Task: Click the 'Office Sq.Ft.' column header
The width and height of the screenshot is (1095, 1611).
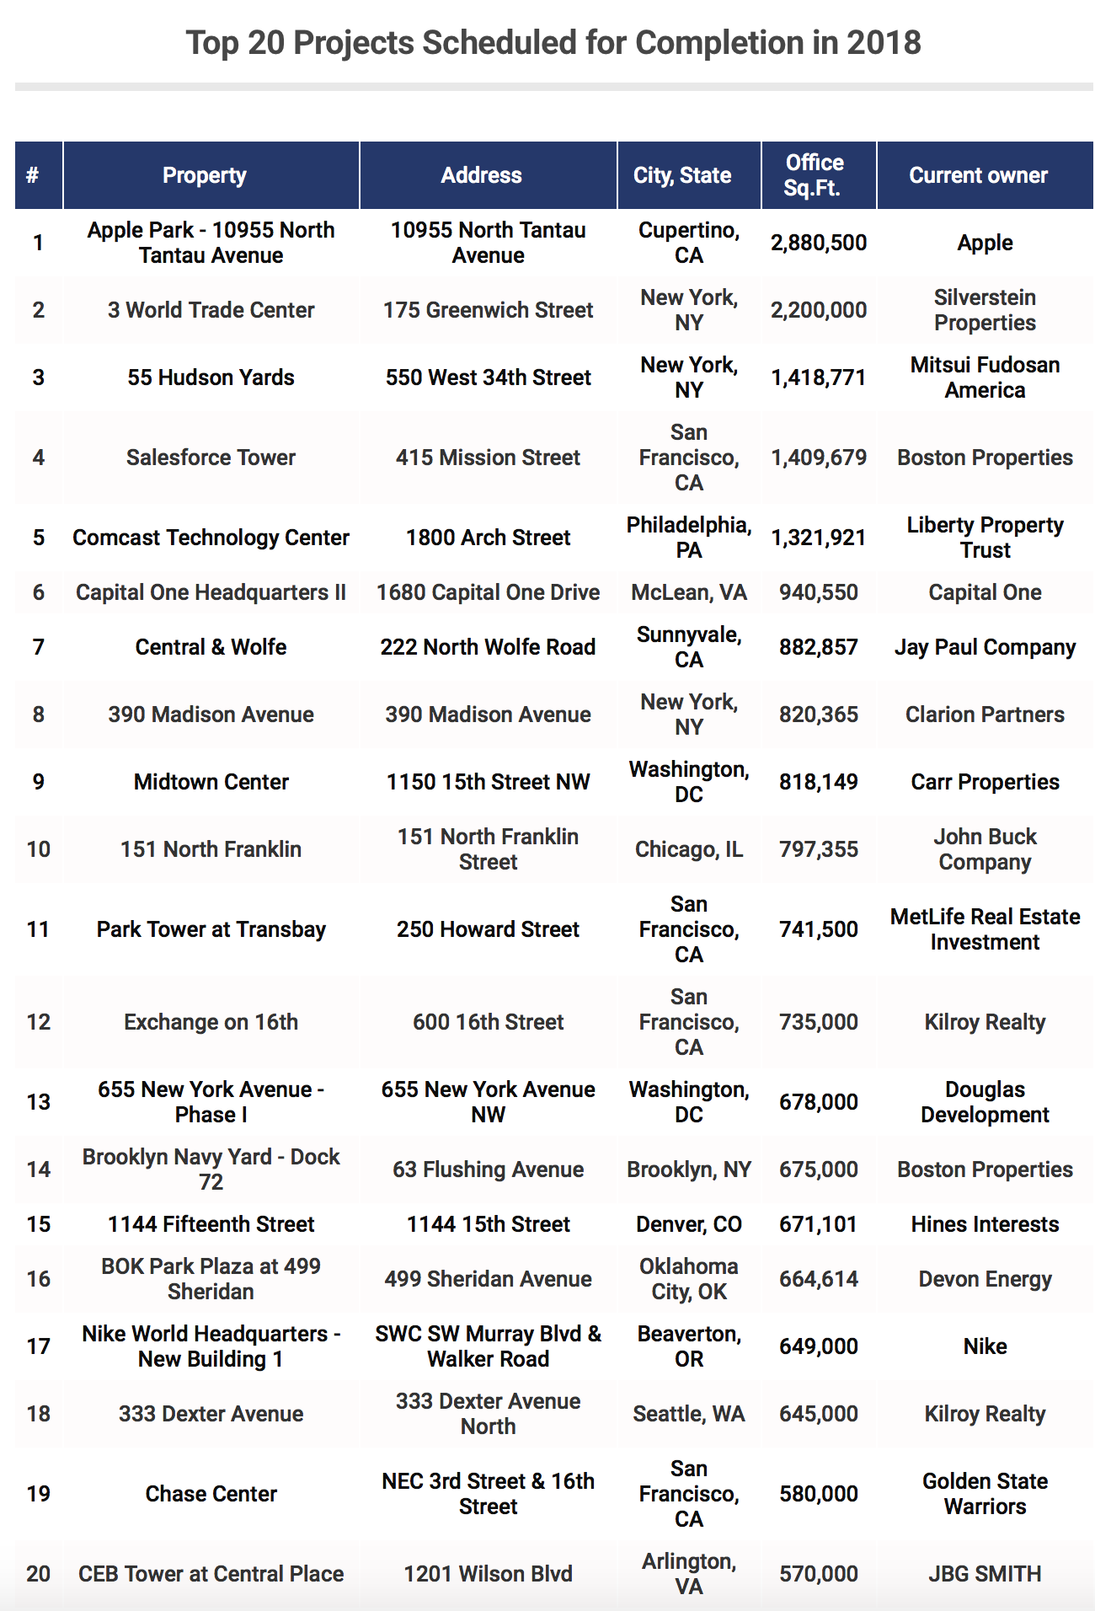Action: (x=815, y=175)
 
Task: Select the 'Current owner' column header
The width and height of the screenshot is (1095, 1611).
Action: (x=978, y=175)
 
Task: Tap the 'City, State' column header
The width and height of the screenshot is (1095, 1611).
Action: (x=682, y=175)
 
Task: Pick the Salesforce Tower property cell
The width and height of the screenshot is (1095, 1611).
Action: (x=211, y=458)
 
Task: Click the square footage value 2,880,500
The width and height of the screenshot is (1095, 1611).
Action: (x=818, y=243)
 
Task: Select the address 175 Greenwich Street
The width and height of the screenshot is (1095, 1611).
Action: (x=488, y=310)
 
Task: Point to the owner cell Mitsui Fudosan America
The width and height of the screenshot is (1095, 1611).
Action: (x=985, y=377)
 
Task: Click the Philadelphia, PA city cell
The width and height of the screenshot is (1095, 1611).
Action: (x=688, y=538)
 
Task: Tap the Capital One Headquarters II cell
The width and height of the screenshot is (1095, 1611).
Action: (x=211, y=592)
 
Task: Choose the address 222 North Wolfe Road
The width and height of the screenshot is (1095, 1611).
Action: (x=488, y=647)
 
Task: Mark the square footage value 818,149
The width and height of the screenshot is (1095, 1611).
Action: (x=818, y=782)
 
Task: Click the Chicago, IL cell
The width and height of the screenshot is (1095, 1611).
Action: (x=688, y=849)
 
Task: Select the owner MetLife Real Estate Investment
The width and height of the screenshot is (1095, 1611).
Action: (x=985, y=929)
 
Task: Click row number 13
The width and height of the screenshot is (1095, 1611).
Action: (x=39, y=1102)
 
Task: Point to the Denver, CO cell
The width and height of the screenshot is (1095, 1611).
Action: (x=688, y=1224)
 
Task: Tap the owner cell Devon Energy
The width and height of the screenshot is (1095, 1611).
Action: (x=985, y=1279)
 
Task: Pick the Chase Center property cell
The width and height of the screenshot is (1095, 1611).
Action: (x=211, y=1494)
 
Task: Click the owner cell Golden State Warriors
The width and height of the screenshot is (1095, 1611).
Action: (x=985, y=1494)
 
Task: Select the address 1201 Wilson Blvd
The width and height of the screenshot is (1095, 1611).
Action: (x=488, y=1574)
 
